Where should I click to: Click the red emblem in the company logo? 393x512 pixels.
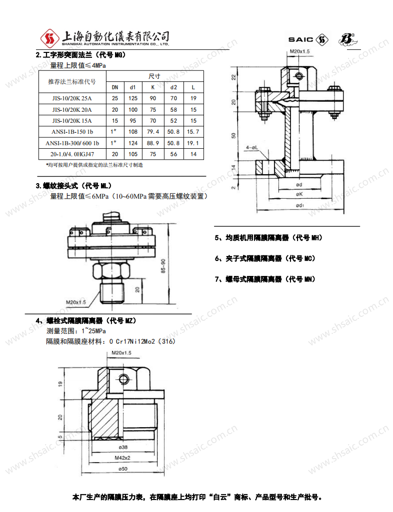point(50,37)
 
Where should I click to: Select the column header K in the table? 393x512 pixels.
point(153,87)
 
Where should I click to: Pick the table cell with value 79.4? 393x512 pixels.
point(153,132)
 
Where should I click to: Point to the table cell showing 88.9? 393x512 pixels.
point(153,143)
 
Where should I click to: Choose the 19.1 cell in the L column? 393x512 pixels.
point(193,143)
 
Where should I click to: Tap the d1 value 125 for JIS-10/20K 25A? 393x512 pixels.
point(133,98)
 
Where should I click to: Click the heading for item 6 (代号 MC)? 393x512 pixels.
point(265,258)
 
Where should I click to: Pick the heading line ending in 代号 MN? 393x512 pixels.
point(265,279)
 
